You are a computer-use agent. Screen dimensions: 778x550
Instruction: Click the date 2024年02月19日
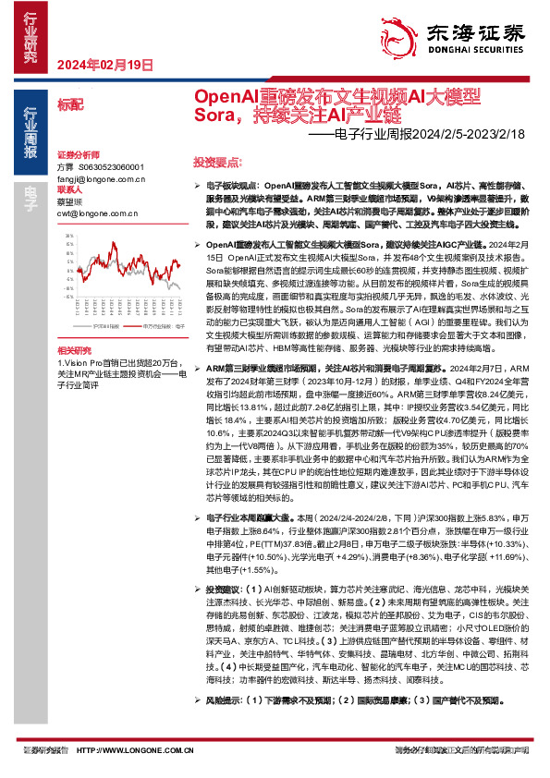pos(104,64)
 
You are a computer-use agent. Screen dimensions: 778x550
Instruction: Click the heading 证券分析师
pos(78,154)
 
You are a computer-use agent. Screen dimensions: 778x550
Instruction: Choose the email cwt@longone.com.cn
pos(96,211)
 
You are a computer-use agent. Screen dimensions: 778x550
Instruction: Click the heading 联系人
pos(70,188)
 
